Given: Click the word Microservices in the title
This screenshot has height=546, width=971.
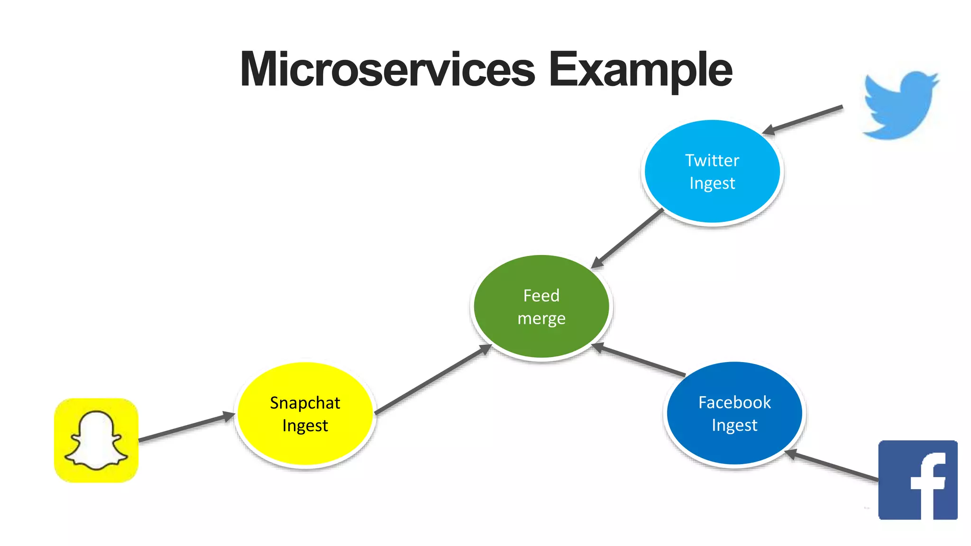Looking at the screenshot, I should pyautogui.click(x=387, y=70).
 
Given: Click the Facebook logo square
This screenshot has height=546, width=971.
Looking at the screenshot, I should pyautogui.click(x=917, y=480).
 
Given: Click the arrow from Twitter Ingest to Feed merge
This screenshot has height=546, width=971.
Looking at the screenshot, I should pyautogui.click(x=627, y=238).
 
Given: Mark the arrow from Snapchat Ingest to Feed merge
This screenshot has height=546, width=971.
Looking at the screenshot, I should pyautogui.click(x=432, y=380).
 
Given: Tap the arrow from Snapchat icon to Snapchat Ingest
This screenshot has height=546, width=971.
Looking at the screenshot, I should pyautogui.click(x=186, y=428).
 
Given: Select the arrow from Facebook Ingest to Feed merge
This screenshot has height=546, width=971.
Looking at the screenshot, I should pyautogui.click(x=639, y=361).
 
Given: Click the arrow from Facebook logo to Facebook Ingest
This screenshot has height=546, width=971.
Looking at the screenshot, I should pyautogui.click(x=833, y=466).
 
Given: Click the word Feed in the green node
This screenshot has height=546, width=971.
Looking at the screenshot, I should pyautogui.click(x=541, y=296).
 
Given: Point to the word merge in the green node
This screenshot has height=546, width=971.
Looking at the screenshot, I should pyautogui.click(x=541, y=318).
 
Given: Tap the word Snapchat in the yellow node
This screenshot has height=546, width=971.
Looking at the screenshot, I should pyautogui.click(x=305, y=403).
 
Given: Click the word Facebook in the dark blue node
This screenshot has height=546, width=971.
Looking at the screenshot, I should pyautogui.click(x=734, y=402).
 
